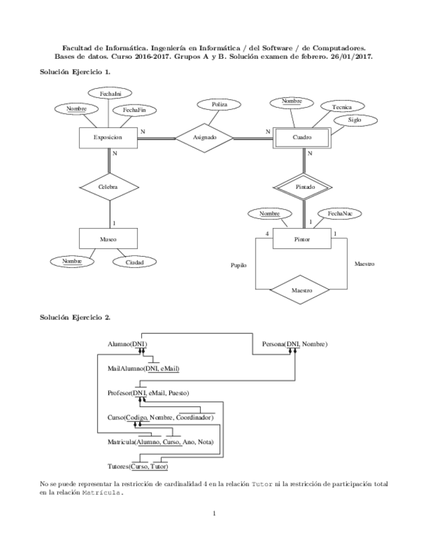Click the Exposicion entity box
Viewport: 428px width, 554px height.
pyautogui.click(x=107, y=138)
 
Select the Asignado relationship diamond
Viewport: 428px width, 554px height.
pyautogui.click(x=204, y=138)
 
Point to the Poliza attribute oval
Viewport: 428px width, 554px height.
pyautogui.click(x=220, y=105)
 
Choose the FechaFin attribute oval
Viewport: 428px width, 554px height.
pyautogui.click(x=134, y=110)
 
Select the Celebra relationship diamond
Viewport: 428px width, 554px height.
pyautogui.click(x=108, y=187)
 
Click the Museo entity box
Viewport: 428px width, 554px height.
pyautogui.click(x=108, y=239)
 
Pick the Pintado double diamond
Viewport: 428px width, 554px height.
pyautogui.click(x=305, y=187)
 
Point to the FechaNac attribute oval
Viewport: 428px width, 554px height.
pyautogui.click(x=340, y=214)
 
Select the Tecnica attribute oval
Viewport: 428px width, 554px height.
pyautogui.click(x=342, y=106)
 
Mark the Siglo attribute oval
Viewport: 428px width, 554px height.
pyautogui.click(x=354, y=121)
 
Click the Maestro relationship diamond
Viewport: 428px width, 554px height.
pyautogui.click(x=301, y=289)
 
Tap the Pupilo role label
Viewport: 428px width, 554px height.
pyautogui.click(x=239, y=266)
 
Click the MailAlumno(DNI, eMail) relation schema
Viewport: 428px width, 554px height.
pyautogui.click(x=143, y=368)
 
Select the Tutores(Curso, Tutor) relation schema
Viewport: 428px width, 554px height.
pyautogui.click(x=139, y=466)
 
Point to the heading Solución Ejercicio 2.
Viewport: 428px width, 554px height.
pyautogui.click(x=75, y=318)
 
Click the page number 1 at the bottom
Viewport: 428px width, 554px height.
pyautogui.click(x=214, y=513)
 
